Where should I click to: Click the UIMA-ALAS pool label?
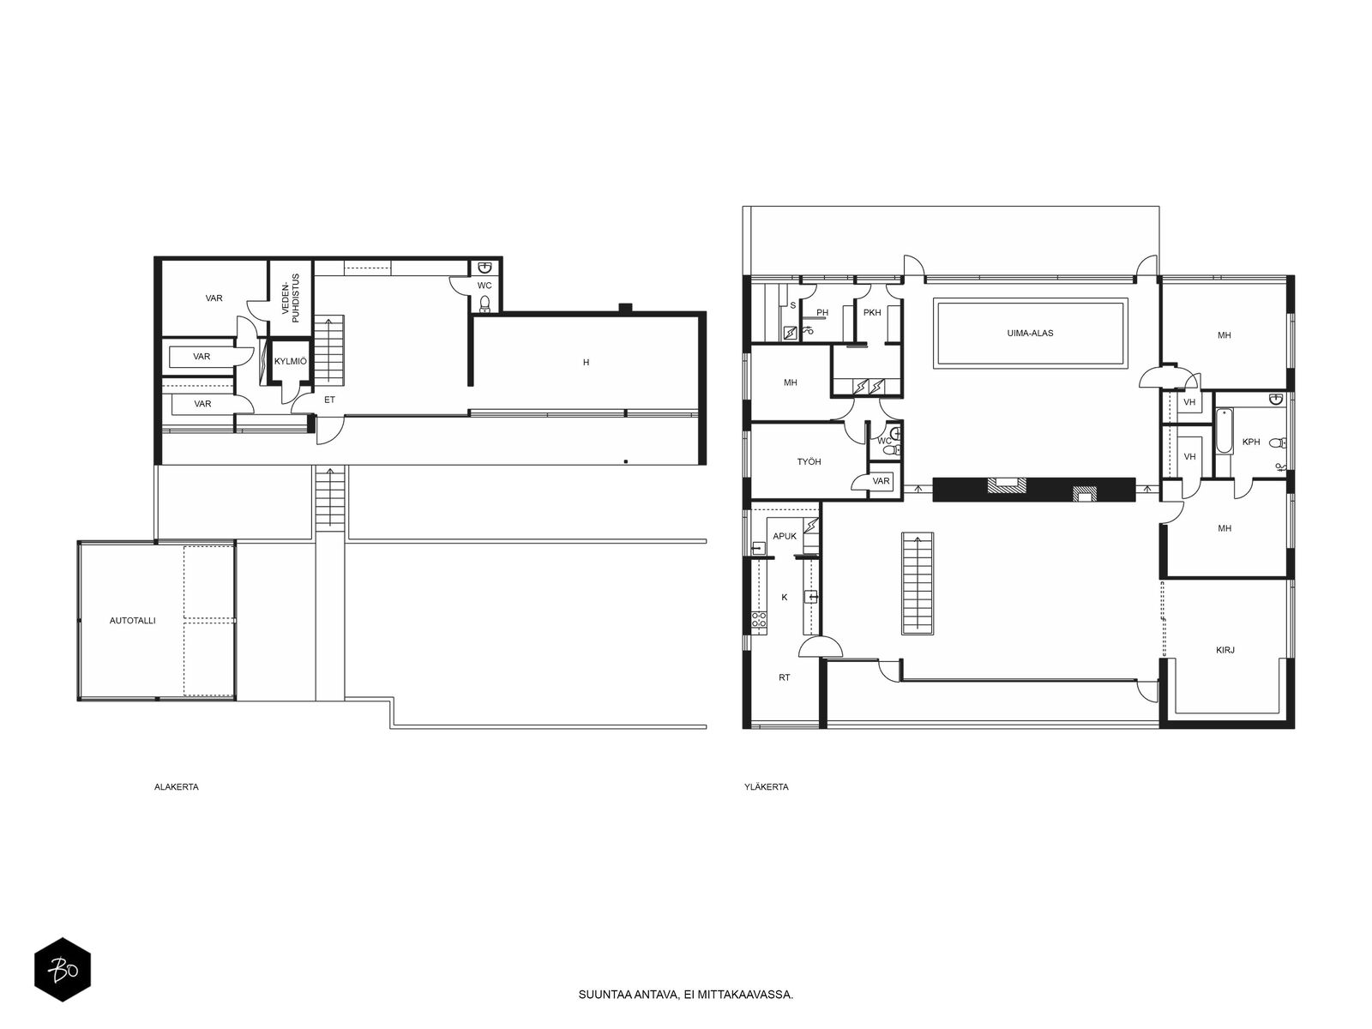[1030, 333]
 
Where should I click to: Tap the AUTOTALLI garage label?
[133, 620]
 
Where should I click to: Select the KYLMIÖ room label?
[291, 361]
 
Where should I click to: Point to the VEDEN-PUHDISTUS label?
[292, 298]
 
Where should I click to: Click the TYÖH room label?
[809, 461]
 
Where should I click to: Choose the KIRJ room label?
[1225, 650]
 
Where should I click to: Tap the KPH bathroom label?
[1251, 442]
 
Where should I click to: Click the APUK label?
[785, 536]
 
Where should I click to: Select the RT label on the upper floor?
[785, 677]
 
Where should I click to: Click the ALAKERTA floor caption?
[177, 786]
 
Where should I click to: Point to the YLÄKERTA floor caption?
[767, 786]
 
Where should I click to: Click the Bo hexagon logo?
[63, 970]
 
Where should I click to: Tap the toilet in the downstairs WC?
[485, 304]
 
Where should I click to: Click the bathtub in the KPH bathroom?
[1224, 430]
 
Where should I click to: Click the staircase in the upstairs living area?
[917, 584]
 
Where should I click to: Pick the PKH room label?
[872, 312]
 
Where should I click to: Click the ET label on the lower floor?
[329, 400]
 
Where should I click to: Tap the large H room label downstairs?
[586, 362]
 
